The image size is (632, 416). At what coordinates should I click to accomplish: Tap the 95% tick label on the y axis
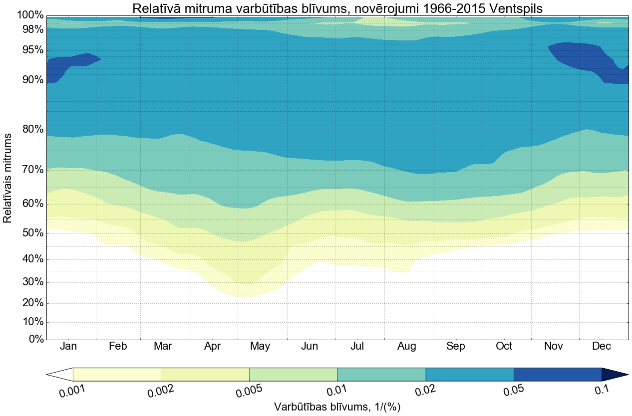coord(32,50)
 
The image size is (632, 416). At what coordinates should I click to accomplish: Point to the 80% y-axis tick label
coord(32,130)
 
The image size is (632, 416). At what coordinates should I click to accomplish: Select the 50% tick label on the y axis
coord(32,233)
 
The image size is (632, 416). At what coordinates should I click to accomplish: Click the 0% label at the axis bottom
coord(35,339)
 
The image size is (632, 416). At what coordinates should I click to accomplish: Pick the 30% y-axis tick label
coord(32,282)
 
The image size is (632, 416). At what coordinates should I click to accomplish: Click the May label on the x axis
coord(260,347)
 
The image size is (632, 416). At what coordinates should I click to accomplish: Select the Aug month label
coord(407,347)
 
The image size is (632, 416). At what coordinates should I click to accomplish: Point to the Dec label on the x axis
coord(602,347)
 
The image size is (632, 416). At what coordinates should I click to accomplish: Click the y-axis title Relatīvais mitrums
coord(8,178)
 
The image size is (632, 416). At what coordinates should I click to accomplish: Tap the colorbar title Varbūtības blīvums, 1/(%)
coord(337,407)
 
